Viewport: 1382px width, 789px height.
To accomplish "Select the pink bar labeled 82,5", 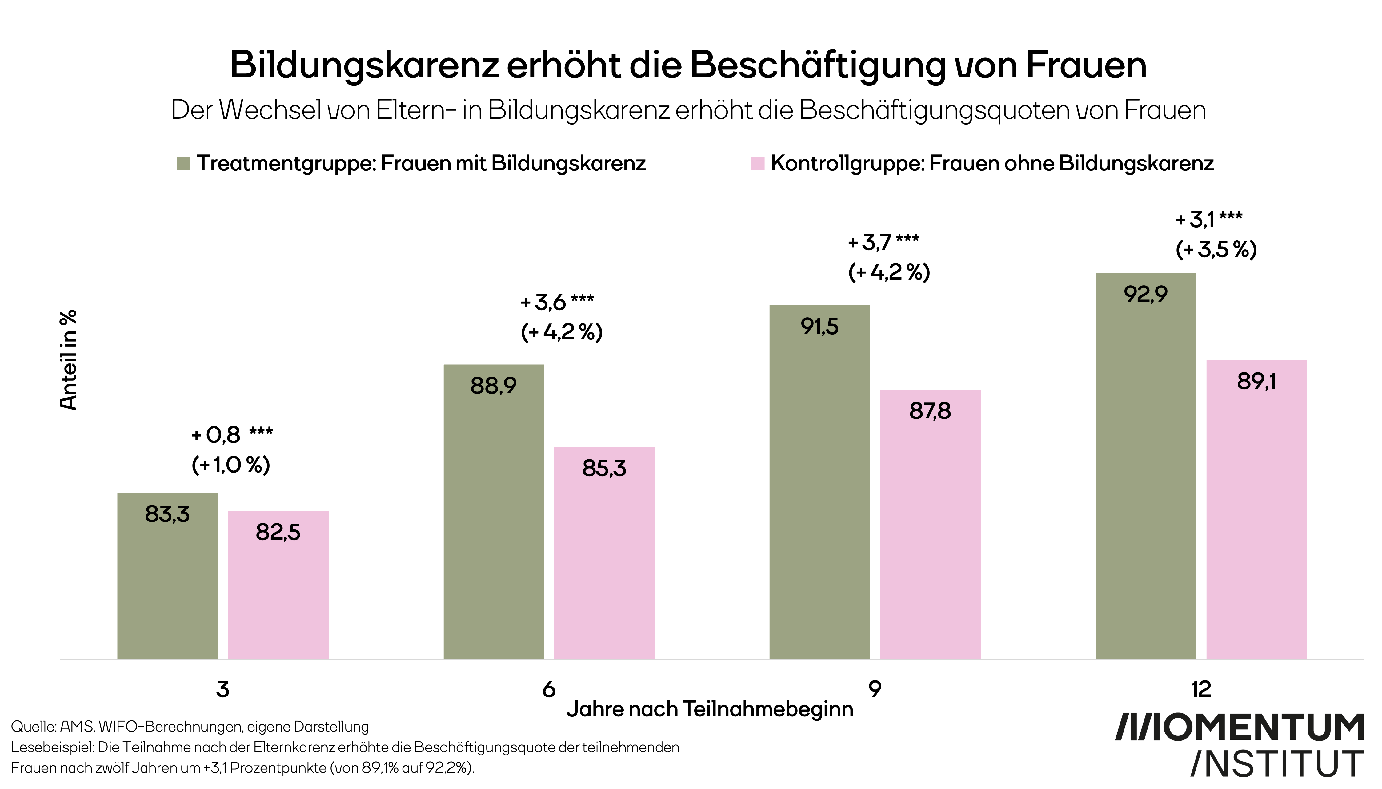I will [278, 585].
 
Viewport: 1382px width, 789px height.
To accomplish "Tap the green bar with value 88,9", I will [493, 512].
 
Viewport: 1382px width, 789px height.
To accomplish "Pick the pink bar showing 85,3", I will [604, 553].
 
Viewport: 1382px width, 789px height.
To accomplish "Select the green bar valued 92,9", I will [1146, 466].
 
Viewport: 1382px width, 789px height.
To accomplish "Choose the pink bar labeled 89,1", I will [1256, 509].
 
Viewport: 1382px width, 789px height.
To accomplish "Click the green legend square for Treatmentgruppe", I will [183, 163].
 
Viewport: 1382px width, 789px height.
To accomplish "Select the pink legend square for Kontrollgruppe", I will [757, 163].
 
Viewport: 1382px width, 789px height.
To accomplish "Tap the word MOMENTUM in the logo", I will [1239, 728].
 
